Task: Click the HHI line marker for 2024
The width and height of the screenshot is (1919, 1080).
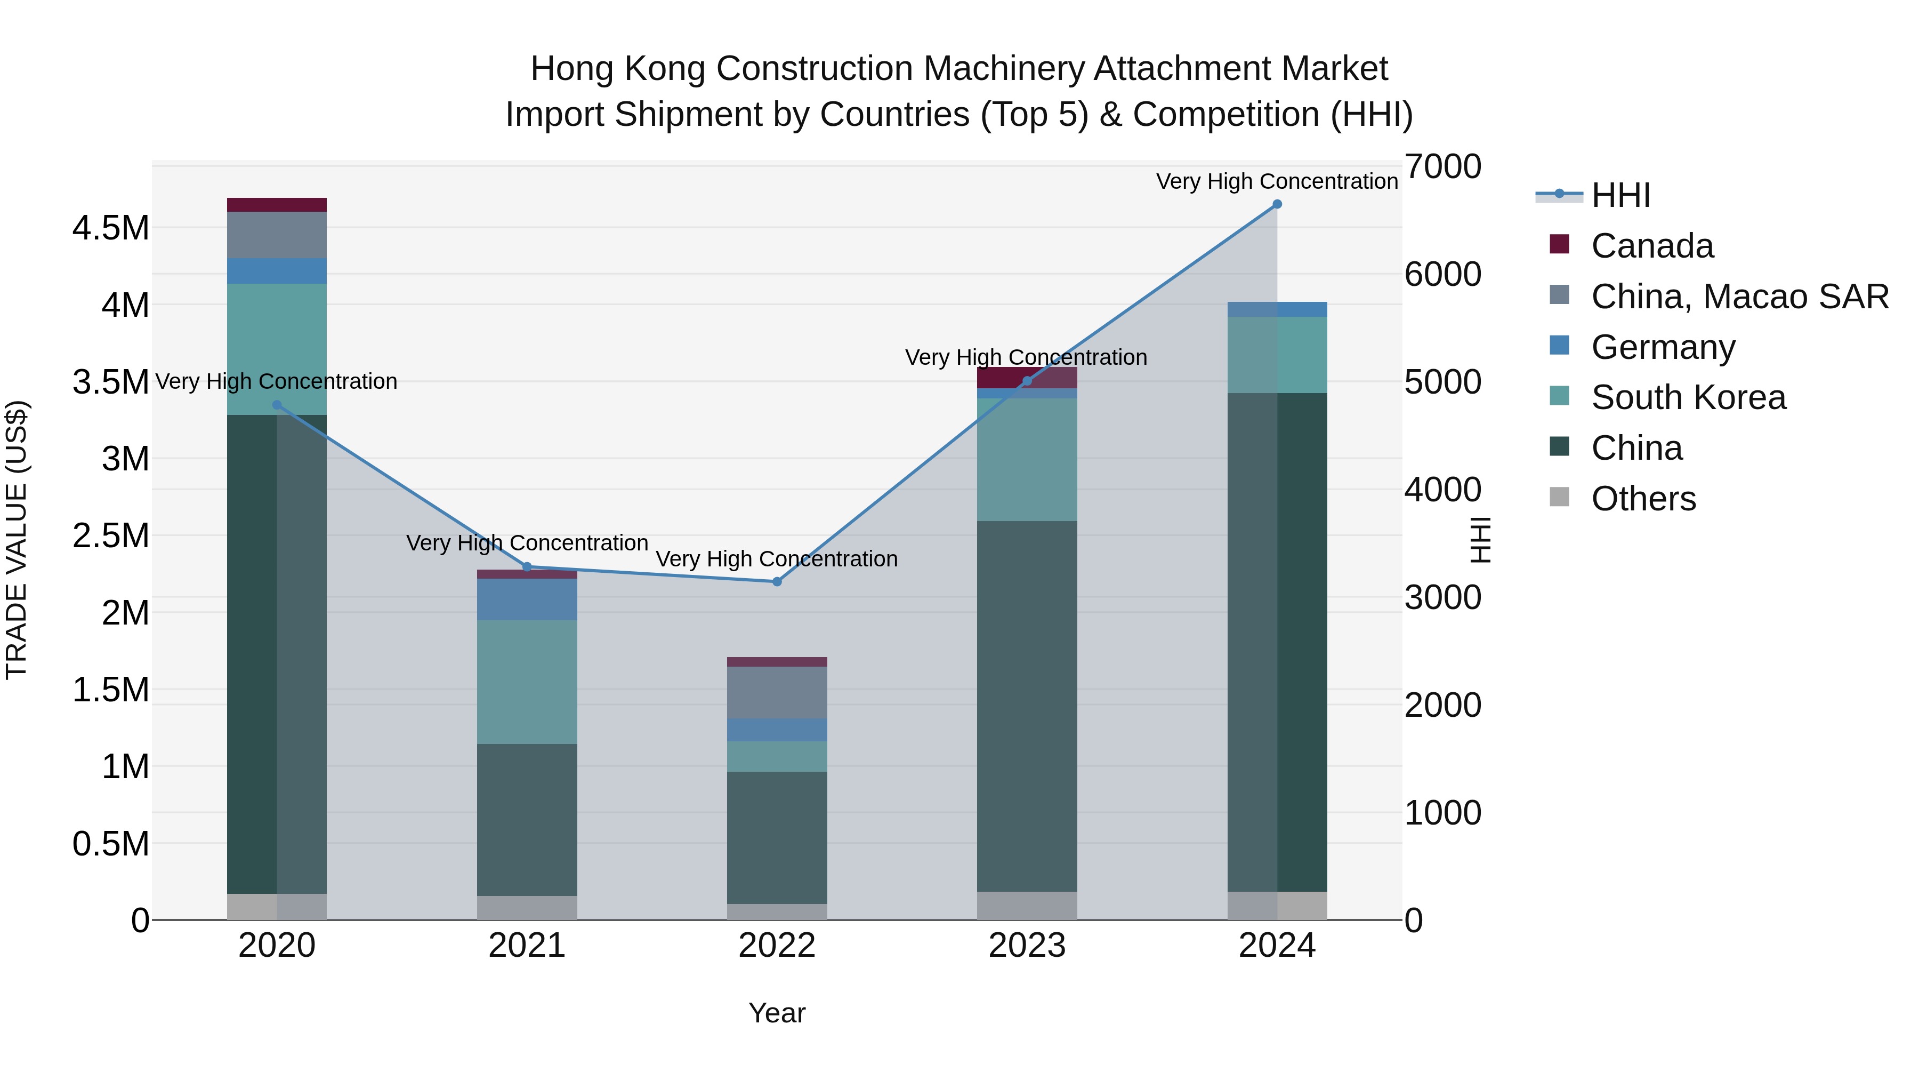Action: (1277, 204)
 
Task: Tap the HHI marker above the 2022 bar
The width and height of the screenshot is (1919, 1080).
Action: (777, 581)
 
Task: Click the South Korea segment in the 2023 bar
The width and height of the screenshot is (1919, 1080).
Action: (1027, 459)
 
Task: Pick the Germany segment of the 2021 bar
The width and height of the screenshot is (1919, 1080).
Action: (527, 599)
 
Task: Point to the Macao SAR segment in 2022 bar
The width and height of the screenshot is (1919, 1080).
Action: (777, 692)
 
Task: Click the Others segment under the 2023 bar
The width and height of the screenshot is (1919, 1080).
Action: (1027, 906)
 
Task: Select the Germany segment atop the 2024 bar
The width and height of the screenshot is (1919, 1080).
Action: (1277, 309)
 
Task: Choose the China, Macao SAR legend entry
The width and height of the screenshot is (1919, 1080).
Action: (1739, 297)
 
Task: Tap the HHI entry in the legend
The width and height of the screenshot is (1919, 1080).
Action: (1620, 195)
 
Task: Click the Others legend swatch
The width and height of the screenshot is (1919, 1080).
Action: (1559, 497)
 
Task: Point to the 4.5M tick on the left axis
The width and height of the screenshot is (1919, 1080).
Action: (111, 228)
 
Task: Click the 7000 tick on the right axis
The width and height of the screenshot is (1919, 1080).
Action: (1442, 166)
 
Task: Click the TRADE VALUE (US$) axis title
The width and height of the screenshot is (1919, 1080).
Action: (17, 540)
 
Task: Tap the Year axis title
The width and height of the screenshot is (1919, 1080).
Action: (777, 1013)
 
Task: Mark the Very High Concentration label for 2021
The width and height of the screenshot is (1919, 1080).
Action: (527, 542)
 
